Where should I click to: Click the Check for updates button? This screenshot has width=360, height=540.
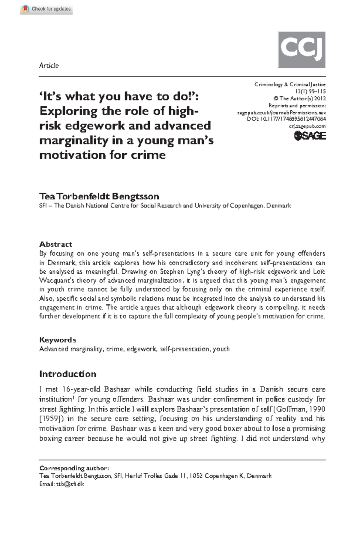point(46,9)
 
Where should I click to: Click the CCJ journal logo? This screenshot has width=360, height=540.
point(301,50)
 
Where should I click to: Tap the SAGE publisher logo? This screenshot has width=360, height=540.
point(310,136)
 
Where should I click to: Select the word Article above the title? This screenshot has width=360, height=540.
point(49,65)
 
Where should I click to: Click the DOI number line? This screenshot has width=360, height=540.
point(286,119)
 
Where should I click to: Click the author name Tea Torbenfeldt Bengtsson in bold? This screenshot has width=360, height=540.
point(99,196)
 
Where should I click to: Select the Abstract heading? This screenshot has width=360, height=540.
point(55,244)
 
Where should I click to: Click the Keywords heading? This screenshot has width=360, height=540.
point(57,340)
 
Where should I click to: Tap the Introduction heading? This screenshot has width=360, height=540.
point(68,374)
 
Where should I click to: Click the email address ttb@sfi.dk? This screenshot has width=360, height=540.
point(70,484)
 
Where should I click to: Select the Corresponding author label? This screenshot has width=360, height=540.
point(74,468)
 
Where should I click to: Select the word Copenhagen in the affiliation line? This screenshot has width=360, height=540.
point(247,206)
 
